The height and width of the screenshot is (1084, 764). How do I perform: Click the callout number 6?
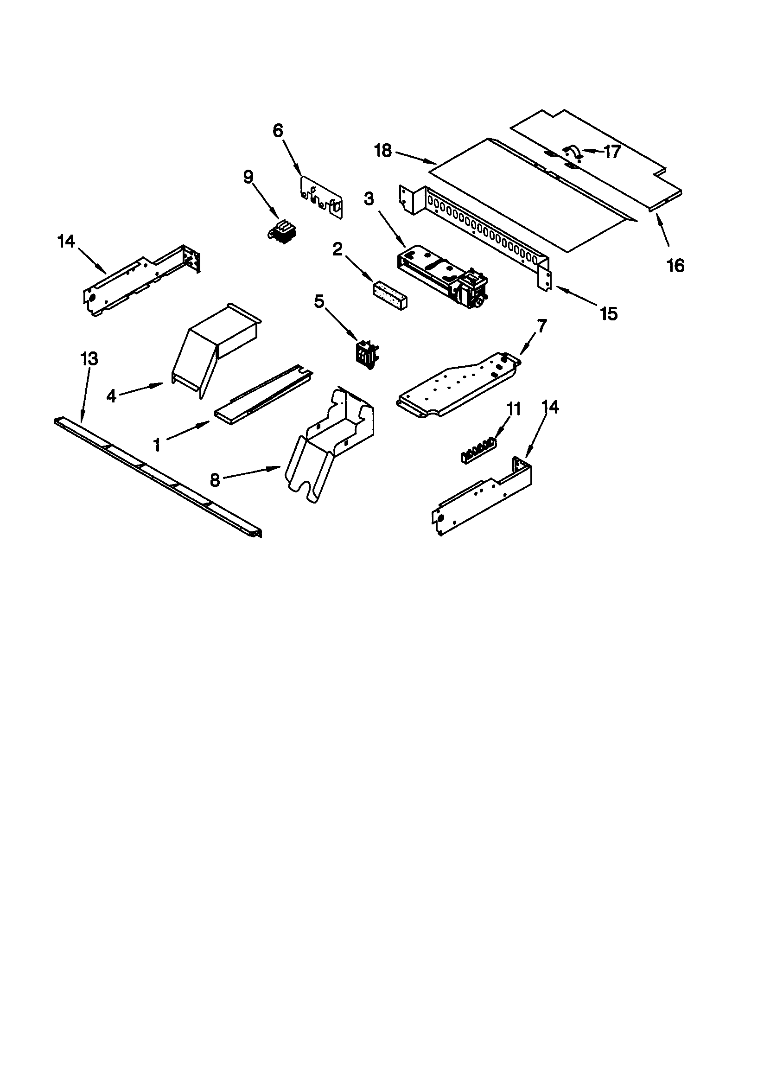coord(278,131)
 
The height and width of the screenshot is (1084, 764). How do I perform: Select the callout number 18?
coord(383,151)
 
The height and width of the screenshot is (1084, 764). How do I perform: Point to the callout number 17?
coord(612,152)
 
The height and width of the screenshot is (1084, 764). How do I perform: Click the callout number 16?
coord(676,266)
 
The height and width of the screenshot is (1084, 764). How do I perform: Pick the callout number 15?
coord(609,313)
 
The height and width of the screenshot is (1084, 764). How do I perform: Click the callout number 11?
coord(514,409)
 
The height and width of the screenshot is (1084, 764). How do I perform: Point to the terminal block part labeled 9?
coord(281,231)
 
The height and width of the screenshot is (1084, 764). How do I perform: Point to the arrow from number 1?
coord(189,430)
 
